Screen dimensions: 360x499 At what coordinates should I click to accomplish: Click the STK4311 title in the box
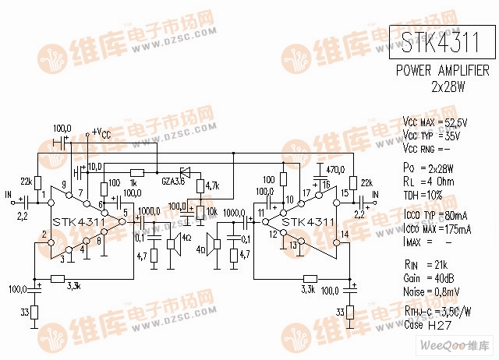point(441,44)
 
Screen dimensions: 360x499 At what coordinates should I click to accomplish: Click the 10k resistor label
point(212,211)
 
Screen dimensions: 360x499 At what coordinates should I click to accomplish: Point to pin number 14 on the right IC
point(345,234)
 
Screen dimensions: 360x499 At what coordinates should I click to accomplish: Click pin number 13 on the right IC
point(292,245)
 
